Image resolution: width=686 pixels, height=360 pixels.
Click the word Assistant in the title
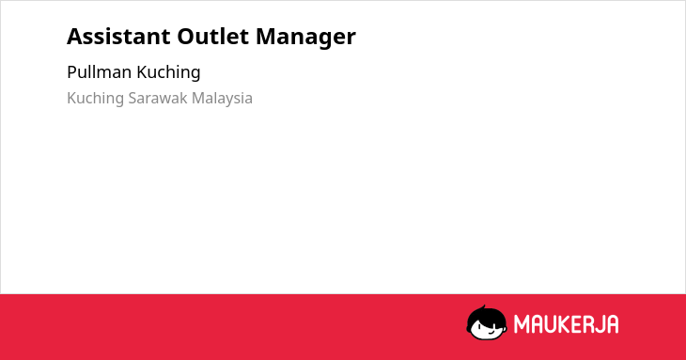click(118, 37)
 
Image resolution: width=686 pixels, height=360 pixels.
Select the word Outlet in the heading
click(213, 37)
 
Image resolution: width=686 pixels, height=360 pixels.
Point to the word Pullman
click(100, 72)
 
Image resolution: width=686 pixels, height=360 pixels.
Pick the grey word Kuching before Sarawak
click(95, 99)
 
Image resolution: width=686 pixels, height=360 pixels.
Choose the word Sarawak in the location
click(158, 98)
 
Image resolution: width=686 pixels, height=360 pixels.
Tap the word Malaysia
click(223, 99)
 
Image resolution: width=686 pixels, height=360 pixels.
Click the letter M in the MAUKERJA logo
click(521, 324)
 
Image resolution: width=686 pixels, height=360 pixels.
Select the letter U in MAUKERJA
click(550, 324)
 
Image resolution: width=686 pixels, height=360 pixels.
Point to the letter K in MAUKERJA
click(564, 324)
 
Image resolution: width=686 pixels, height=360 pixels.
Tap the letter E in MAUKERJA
click(577, 324)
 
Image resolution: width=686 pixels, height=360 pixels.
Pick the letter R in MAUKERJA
click(590, 324)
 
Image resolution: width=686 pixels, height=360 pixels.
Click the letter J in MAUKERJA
click(601, 324)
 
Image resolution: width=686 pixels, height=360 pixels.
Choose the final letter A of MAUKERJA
click(613, 324)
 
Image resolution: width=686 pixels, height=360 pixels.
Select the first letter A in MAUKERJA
click(536, 324)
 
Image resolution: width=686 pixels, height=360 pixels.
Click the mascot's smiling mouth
click(491, 331)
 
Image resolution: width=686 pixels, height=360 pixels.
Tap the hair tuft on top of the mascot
click(483, 307)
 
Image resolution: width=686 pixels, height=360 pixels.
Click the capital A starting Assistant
click(74, 37)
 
